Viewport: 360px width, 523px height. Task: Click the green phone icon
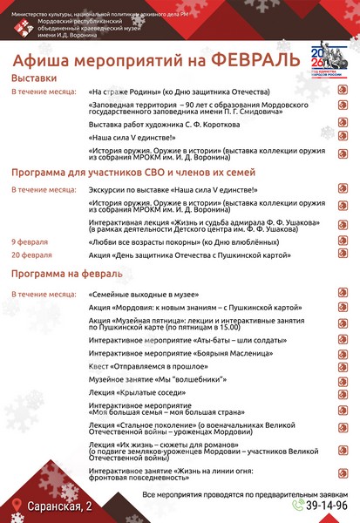pyautogui.click(x=298, y=505)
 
